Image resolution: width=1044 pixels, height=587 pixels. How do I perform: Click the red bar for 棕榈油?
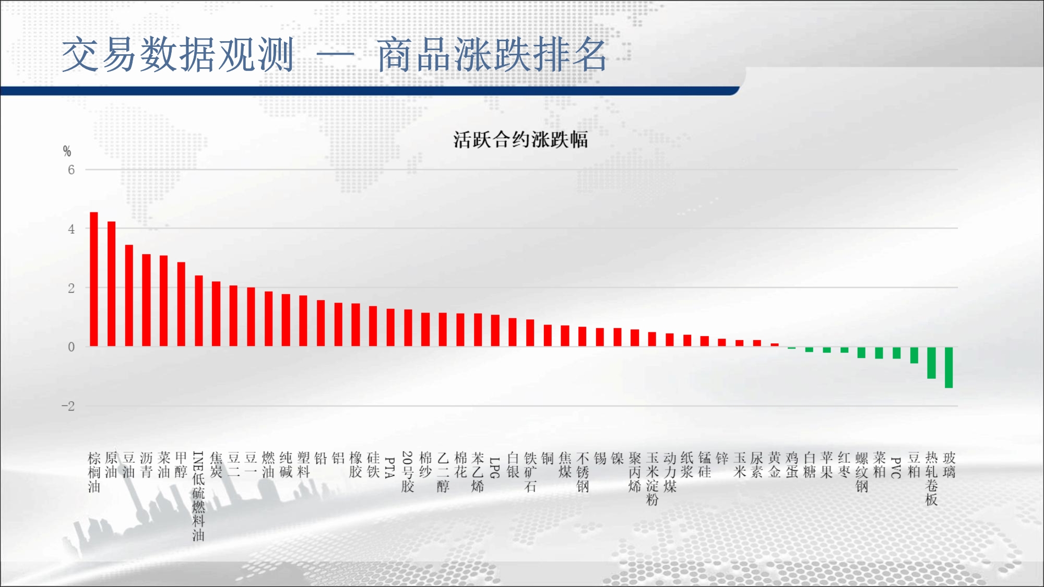tap(94, 279)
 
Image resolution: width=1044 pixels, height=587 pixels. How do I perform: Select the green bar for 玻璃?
tap(949, 367)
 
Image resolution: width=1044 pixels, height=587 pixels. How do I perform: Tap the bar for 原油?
tap(111, 284)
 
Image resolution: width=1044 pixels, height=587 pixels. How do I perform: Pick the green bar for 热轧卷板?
tap(931, 363)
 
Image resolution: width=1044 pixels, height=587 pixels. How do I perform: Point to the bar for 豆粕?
tap(914, 355)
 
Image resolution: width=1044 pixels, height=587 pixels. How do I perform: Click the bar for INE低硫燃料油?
tap(199, 311)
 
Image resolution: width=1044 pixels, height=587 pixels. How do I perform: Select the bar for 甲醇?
tap(181, 304)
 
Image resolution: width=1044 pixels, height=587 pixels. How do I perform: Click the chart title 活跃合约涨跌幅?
tap(520, 140)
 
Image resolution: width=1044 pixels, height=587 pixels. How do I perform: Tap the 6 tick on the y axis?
tap(72, 170)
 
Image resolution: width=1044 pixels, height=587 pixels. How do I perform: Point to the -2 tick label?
tap(68, 406)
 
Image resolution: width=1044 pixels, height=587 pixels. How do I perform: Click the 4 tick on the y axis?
tap(72, 229)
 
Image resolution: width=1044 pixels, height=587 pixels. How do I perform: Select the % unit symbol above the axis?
tap(67, 151)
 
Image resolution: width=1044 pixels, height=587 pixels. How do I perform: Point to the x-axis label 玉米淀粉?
tap(652, 479)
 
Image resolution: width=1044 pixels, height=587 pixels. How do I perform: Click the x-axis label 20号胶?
tap(408, 472)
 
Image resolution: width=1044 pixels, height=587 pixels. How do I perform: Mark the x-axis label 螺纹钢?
tap(862, 472)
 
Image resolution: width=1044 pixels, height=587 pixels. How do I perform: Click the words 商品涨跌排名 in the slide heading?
tap(492, 54)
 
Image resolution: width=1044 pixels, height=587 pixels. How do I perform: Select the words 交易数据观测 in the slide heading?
tap(177, 54)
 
